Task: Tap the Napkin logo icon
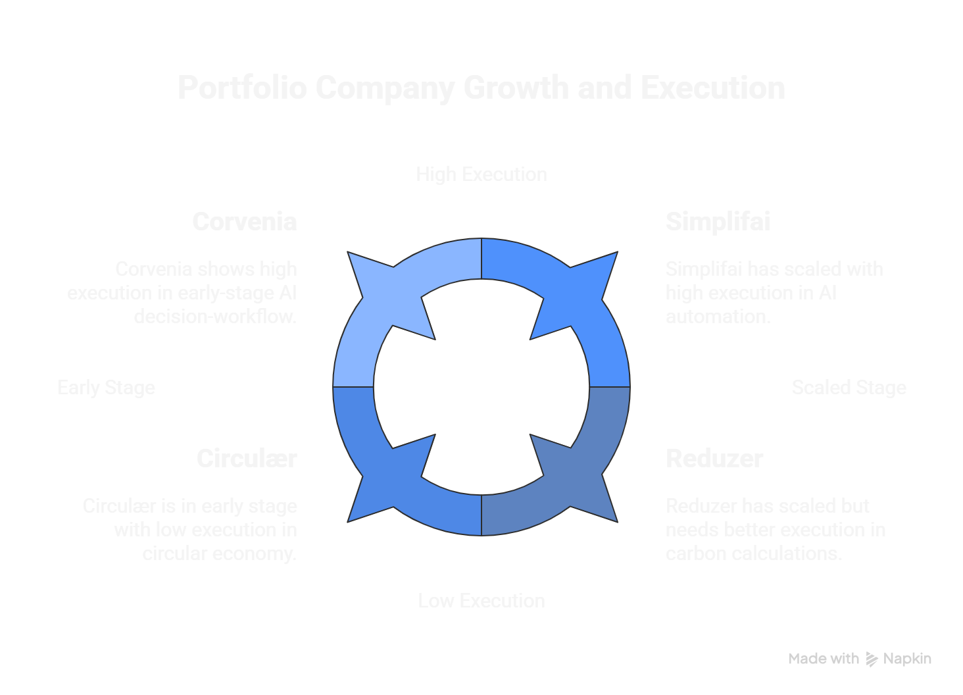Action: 872,659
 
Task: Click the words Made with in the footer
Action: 824,659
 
